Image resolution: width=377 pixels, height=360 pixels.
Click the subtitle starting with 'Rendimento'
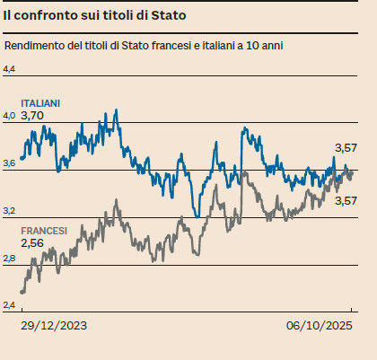tap(144, 45)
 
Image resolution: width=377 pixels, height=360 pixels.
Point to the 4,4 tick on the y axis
tap(10, 69)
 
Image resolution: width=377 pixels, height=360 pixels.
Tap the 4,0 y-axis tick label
tap(10, 116)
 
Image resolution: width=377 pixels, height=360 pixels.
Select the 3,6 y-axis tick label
tap(10, 163)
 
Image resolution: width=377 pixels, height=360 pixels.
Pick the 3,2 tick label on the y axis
tap(10, 211)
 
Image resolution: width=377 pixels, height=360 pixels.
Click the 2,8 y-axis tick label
tap(10, 259)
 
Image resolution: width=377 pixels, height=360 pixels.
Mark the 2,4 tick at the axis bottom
tap(10, 306)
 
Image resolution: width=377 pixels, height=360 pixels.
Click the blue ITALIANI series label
tap(40, 104)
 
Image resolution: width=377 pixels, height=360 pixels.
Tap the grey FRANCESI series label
tap(44, 231)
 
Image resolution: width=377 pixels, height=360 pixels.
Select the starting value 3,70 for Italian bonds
tap(32, 116)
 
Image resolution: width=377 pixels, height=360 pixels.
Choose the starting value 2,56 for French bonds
tap(32, 243)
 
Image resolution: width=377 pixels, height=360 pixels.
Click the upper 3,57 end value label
tap(346, 147)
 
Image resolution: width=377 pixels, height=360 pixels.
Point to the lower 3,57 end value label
tap(346, 200)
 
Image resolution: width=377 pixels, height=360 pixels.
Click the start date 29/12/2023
tap(56, 325)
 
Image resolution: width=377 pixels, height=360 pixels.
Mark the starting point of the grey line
tap(21, 292)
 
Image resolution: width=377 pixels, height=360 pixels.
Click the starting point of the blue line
tap(21, 159)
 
